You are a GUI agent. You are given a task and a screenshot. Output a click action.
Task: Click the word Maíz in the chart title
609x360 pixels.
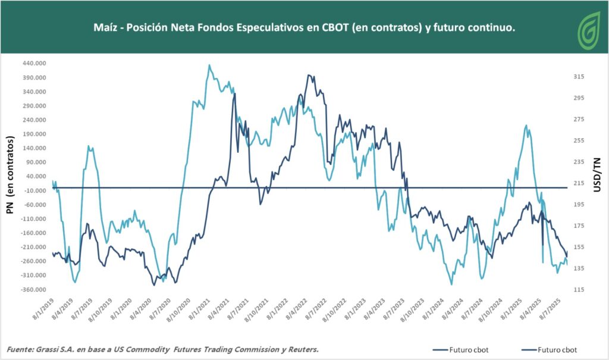tap(105, 28)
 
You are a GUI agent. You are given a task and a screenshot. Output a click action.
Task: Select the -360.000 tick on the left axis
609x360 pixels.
tap(33, 290)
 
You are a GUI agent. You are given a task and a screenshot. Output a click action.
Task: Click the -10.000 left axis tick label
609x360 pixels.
tap(34, 190)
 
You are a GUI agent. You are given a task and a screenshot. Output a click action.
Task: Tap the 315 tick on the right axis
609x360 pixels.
tap(580, 77)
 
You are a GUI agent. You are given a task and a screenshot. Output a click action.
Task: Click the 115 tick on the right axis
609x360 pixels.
tap(580, 290)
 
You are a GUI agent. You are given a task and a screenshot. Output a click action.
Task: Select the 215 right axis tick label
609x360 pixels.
tap(580, 183)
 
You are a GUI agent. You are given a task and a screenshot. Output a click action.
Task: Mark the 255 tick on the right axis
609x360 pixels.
tap(580, 140)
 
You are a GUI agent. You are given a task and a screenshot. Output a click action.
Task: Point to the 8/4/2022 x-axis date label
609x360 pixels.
tap(296, 311)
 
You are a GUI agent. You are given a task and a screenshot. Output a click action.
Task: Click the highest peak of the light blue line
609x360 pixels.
tap(209, 65)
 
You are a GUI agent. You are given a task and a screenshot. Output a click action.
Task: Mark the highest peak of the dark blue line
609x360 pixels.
tap(309, 75)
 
